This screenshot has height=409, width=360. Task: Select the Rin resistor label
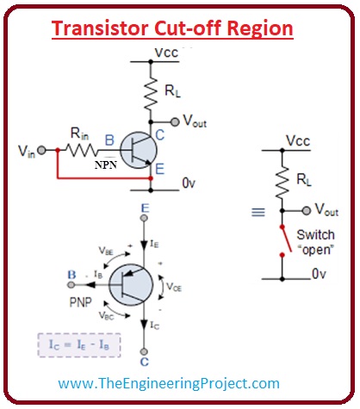click(x=79, y=134)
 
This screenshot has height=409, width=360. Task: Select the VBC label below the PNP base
click(x=106, y=317)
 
